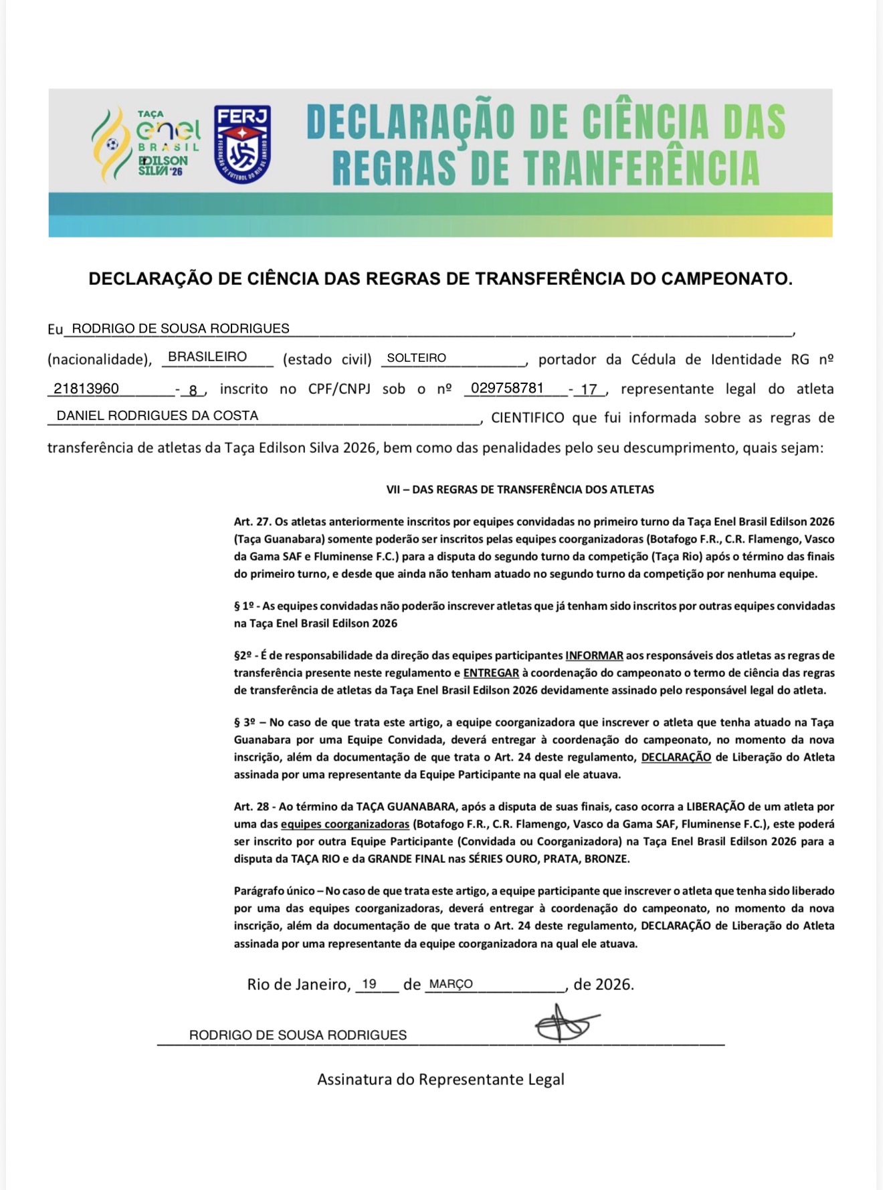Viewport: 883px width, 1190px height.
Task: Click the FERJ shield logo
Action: (x=242, y=144)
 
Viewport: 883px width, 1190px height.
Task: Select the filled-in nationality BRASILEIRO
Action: (x=207, y=357)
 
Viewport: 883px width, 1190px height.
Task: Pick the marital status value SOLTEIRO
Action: (x=416, y=358)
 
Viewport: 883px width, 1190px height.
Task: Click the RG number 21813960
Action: (x=86, y=389)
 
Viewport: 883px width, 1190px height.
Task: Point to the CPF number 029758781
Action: (x=507, y=389)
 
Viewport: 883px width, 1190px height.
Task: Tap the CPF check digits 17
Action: (x=589, y=389)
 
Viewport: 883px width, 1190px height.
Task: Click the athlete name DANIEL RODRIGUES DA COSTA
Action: (x=157, y=415)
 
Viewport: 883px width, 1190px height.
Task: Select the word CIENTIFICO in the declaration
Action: (x=528, y=418)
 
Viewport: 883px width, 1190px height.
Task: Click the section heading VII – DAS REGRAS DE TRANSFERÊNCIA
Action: (x=520, y=490)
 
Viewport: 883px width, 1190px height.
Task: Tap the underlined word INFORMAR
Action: (x=594, y=656)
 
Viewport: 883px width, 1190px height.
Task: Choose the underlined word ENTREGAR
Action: (x=491, y=673)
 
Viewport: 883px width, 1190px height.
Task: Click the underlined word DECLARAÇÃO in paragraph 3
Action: (x=676, y=757)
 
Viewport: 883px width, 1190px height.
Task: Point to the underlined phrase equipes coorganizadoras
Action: (x=345, y=824)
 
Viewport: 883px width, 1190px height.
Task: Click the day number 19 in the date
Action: (x=369, y=984)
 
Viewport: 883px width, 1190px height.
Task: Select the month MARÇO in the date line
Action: (x=451, y=984)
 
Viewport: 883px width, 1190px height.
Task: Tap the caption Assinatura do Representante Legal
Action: (x=440, y=1079)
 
